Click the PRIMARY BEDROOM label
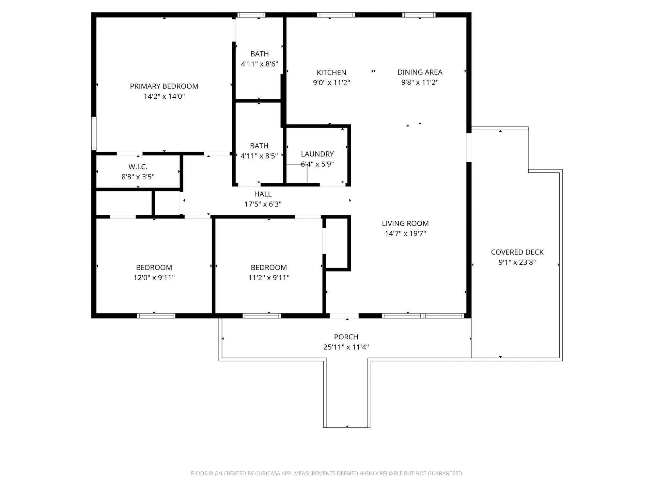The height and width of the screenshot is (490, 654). pyautogui.click(x=164, y=86)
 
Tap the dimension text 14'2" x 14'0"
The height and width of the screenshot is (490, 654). pyautogui.click(x=164, y=96)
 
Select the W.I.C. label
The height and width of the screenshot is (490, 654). pyautogui.click(x=138, y=167)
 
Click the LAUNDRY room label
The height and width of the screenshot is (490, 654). pyautogui.click(x=317, y=154)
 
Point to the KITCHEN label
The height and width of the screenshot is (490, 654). pyautogui.click(x=331, y=72)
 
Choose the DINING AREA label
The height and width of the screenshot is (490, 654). pyautogui.click(x=420, y=72)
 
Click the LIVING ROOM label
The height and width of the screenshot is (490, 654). pyautogui.click(x=405, y=224)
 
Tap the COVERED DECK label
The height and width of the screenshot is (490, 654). pyautogui.click(x=517, y=252)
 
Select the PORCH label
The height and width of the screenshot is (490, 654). pyautogui.click(x=346, y=337)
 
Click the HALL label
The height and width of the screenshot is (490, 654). pyautogui.click(x=263, y=194)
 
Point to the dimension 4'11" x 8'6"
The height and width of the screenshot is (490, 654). pyautogui.click(x=259, y=64)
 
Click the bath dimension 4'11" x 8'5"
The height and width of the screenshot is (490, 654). pyautogui.click(x=259, y=156)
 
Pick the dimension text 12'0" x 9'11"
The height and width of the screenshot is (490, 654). pyautogui.click(x=154, y=278)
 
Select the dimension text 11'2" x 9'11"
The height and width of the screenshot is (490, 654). pyautogui.click(x=268, y=278)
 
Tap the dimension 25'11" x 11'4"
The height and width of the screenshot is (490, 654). pyautogui.click(x=346, y=347)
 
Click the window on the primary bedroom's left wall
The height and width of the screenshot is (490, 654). pyautogui.click(x=94, y=133)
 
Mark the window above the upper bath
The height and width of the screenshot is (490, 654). pyautogui.click(x=251, y=15)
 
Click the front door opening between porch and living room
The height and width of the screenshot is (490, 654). pyautogui.click(x=344, y=316)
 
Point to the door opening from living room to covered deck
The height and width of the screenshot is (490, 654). pyautogui.click(x=469, y=147)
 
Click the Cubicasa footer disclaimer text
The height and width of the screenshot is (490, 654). pyautogui.click(x=327, y=473)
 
